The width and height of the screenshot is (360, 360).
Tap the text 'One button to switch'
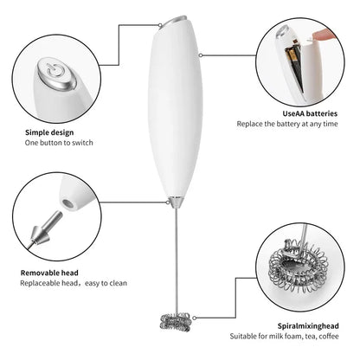point(59,142)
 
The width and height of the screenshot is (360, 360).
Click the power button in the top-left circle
point(53,73)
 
